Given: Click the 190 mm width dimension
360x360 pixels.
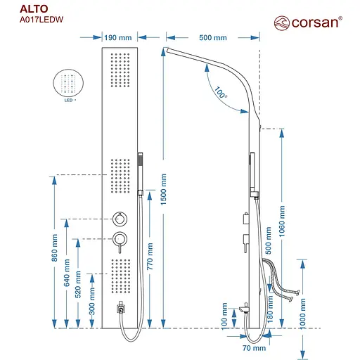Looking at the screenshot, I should [118, 37].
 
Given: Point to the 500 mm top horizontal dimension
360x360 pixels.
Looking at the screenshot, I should [213, 37].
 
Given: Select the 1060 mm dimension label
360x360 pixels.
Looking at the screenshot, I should [283, 221].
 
